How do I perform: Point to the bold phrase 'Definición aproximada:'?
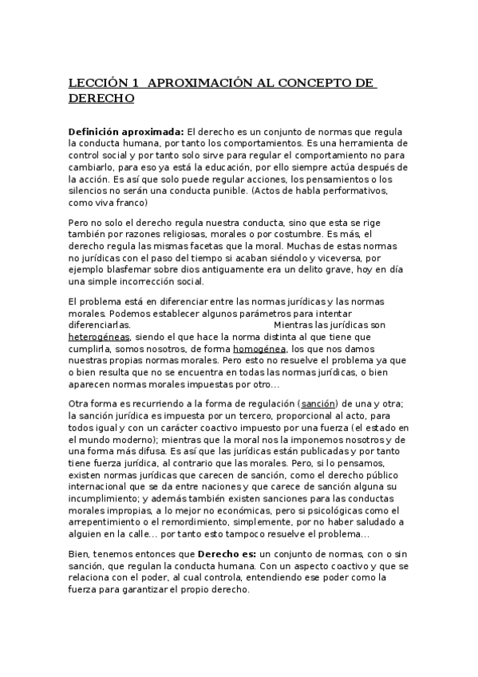pyautogui.click(x=126, y=130)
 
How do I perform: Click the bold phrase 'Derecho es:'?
pyautogui.click(x=228, y=553)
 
